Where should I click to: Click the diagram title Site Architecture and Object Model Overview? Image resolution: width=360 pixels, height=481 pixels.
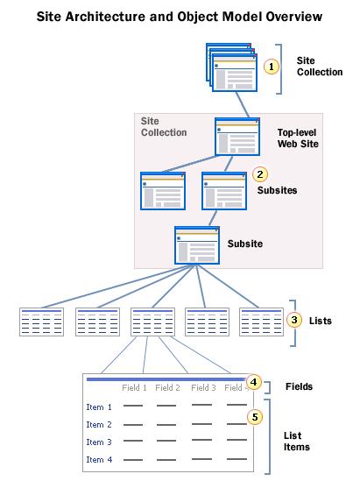tap(180, 16)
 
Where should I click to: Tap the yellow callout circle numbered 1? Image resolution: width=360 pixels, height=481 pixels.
tap(272, 66)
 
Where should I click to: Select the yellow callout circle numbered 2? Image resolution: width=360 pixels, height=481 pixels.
tap(259, 174)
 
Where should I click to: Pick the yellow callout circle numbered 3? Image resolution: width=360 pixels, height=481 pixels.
tap(295, 320)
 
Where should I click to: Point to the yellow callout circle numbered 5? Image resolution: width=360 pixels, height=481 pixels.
tap(254, 418)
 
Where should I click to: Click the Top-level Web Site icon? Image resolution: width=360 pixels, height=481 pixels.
tap(237, 138)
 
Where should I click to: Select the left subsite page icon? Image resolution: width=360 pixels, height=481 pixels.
tap(163, 190)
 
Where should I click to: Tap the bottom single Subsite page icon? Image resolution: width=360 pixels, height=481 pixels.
tap(197, 244)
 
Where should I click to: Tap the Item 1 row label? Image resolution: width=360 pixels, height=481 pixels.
tap(98, 407)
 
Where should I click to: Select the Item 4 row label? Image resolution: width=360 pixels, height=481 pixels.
tap(98, 459)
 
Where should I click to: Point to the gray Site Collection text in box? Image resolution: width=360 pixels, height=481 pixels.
tap(164, 126)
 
